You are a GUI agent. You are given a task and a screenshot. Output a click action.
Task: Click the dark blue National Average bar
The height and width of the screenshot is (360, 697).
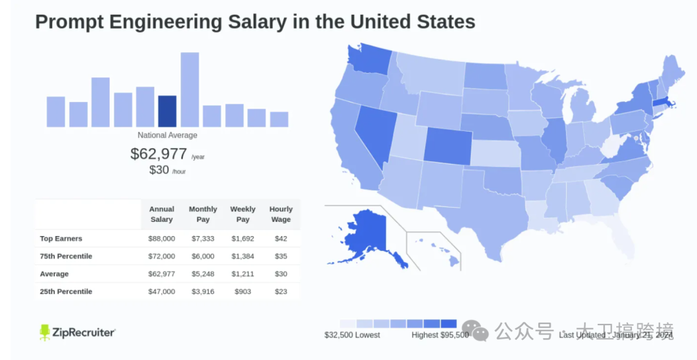pos(167,111)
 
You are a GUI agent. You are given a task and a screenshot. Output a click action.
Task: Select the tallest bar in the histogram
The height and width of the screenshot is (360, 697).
pos(190,89)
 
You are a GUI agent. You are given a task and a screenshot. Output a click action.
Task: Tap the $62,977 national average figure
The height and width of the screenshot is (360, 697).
pos(159,154)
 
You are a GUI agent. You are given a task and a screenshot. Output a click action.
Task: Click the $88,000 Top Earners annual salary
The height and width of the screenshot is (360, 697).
pos(161,239)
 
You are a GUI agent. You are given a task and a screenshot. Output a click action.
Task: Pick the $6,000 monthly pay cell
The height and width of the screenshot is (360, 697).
pos(203,256)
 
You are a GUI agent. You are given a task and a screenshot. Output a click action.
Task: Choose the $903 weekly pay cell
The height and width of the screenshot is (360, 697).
pos(243,292)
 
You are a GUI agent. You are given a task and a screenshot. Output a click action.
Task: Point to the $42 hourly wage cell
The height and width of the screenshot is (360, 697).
pos(281,239)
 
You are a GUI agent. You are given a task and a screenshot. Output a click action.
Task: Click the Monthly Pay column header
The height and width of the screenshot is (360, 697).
pos(203,214)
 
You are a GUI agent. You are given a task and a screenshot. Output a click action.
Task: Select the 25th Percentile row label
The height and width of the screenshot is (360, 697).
pos(66,292)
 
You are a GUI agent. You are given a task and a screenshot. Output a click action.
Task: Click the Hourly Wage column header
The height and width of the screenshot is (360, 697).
pos(281,214)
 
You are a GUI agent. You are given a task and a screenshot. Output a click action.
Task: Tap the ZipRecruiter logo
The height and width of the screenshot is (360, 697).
pos(77,332)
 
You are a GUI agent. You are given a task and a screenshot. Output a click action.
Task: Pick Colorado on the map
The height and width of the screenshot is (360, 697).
pos(447,143)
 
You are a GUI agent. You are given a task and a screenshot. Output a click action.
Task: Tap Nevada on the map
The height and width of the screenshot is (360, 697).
pos(374,132)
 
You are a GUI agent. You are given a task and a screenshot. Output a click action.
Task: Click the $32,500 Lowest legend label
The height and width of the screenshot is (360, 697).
pos(352,335)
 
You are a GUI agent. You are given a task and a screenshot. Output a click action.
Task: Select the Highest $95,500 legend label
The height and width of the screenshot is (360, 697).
pos(440,335)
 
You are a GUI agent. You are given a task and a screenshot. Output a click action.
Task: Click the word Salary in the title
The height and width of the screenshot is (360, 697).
pos(268,21)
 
